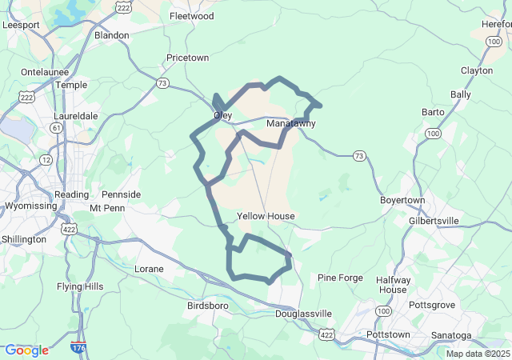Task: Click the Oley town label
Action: click(222, 115)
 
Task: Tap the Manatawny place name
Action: click(291, 124)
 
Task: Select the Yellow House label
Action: click(266, 216)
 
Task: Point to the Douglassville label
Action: click(304, 313)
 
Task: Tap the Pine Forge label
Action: click(340, 278)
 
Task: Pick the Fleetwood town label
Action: click(191, 15)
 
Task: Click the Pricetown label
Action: click(187, 58)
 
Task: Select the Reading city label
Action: click(71, 194)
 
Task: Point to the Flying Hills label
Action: click(80, 286)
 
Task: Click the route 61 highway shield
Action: click(56, 128)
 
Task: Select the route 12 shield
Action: click(46, 160)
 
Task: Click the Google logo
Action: click(26, 350)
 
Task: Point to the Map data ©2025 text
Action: click(478, 354)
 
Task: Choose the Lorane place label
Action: click(149, 269)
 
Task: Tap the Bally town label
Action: click(461, 94)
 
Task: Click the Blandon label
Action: click(111, 35)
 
